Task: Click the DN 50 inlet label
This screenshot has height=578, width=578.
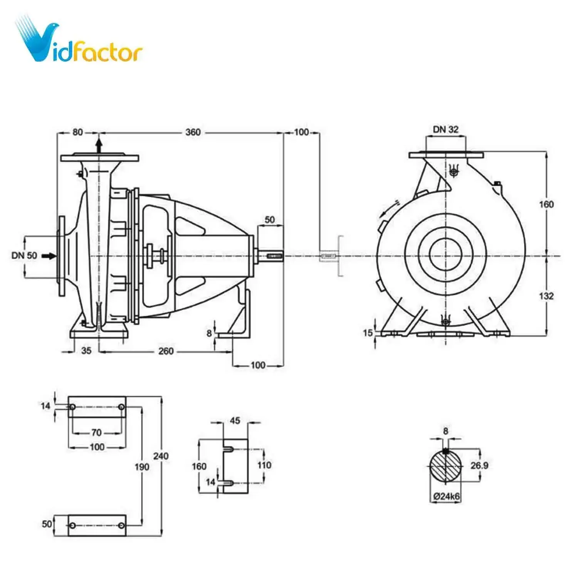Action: pos(24,255)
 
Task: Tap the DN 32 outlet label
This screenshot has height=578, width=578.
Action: pos(445,129)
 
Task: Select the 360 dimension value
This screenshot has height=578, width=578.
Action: pos(193,133)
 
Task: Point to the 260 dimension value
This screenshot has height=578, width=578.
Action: pos(166,351)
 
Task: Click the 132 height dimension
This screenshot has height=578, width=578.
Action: pos(546,296)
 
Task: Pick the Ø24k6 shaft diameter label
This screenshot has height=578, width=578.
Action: pos(446,496)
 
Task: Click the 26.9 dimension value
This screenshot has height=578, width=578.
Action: pos(479,465)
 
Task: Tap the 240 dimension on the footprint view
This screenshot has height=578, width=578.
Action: pos(161,456)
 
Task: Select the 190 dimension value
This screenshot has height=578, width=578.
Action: pos(142,467)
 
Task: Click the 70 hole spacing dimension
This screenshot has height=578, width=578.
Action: pos(96,433)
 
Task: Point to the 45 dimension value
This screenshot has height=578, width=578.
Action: pos(235,420)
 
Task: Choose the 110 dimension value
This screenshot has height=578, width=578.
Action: pos(264,465)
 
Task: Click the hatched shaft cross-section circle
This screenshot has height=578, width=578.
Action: pos(445,466)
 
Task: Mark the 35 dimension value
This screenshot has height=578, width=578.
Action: pos(86,351)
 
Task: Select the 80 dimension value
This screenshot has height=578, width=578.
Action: pos(77,132)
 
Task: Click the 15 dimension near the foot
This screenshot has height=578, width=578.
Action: pos(368,333)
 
